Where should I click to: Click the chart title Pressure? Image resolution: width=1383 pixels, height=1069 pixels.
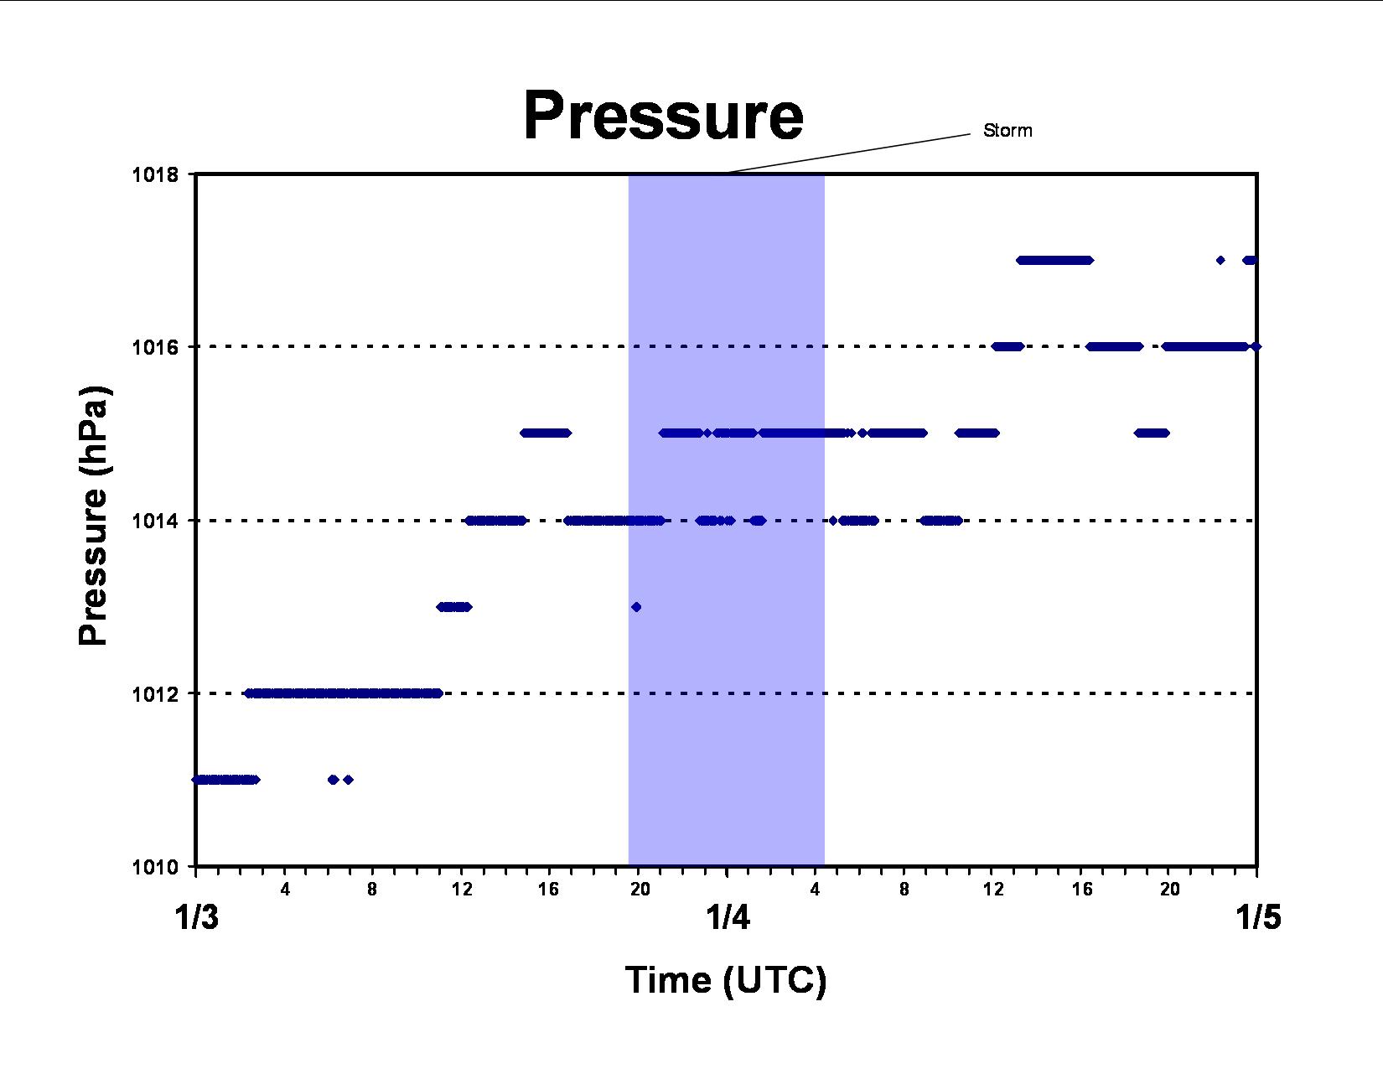(663, 116)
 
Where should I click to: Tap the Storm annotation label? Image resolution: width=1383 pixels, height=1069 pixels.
(1007, 131)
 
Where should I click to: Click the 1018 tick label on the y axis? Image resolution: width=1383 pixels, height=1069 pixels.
(155, 174)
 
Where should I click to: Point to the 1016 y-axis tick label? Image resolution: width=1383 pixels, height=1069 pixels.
(155, 347)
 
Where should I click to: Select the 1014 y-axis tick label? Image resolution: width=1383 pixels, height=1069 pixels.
(155, 521)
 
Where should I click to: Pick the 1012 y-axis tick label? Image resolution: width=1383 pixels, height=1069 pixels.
(155, 693)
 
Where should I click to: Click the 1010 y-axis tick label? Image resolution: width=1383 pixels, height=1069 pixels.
(155, 867)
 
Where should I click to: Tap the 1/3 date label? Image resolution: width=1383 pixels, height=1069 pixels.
(197, 917)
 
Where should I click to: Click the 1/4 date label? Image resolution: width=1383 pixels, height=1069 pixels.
(728, 917)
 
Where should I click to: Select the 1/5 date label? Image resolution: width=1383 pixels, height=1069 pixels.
(1258, 917)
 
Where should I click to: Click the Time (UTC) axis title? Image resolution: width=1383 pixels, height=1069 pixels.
(726, 980)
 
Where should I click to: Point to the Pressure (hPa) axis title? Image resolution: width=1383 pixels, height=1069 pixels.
(94, 515)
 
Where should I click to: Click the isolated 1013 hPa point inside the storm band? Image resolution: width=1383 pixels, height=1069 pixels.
(636, 607)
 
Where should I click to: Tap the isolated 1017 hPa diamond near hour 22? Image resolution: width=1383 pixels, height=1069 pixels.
(1220, 260)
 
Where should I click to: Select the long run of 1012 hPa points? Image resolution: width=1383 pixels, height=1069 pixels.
(343, 693)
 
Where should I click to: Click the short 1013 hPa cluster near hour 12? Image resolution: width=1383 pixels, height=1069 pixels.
(454, 607)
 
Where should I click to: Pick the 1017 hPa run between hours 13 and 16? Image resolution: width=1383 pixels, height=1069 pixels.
(1054, 260)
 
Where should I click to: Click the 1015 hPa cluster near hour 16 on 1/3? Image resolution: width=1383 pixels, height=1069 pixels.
(546, 433)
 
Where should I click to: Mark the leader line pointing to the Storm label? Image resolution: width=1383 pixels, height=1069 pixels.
(849, 153)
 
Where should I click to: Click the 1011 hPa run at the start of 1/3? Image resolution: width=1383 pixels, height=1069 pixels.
(226, 779)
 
